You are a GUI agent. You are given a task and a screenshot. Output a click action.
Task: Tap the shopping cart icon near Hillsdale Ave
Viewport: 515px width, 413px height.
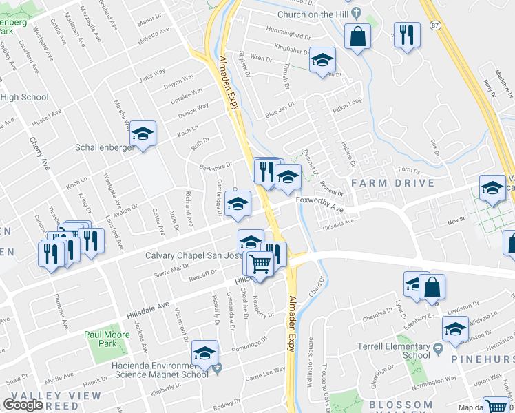260,263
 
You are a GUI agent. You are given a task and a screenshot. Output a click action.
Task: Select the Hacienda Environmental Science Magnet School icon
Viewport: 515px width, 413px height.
204,352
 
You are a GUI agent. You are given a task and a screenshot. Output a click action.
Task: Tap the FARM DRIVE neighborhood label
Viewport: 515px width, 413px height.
393,183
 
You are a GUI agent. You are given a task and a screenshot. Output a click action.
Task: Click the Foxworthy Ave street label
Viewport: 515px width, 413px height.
319,200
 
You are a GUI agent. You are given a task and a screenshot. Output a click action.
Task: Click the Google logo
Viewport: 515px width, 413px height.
23,404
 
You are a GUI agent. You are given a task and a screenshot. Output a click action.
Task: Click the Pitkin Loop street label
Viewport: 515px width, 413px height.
348,100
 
